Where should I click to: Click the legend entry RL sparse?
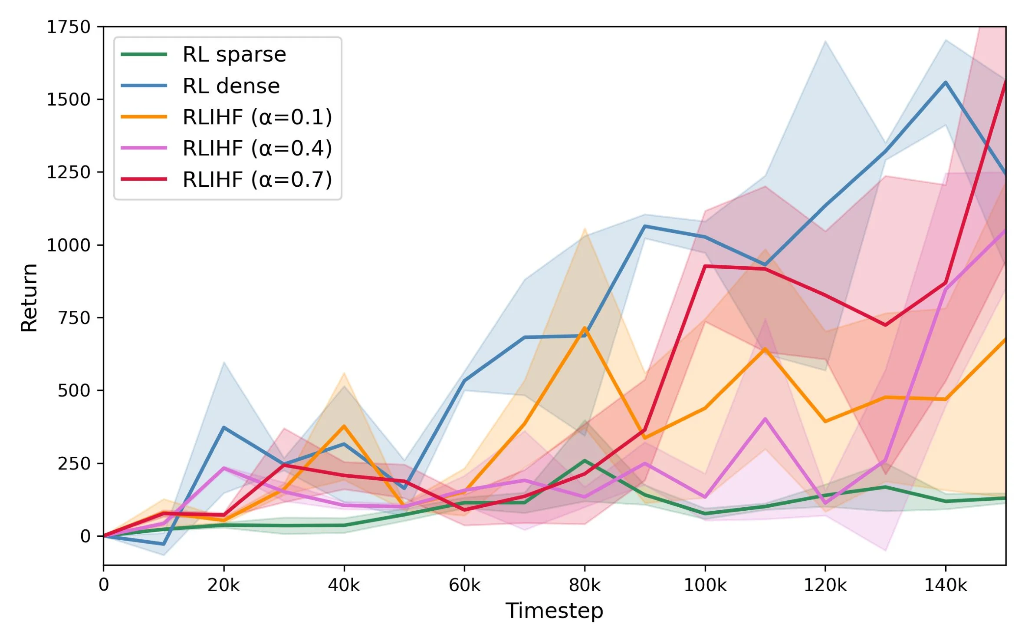pos(234,55)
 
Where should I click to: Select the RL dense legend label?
pos(231,86)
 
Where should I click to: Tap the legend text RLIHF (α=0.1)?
pos(257,117)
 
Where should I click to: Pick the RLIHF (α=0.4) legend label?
pos(257,149)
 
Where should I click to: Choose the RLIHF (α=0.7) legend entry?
pos(257,180)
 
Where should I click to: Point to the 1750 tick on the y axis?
pos(68,27)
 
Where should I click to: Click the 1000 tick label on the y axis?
pos(68,245)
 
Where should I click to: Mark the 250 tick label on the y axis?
pos(74,463)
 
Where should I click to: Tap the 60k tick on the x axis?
pos(464,585)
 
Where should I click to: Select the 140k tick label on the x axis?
pos(945,585)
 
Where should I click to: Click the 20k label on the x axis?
pos(223,585)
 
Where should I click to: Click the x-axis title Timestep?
pos(554,611)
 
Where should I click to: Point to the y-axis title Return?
pos(30,297)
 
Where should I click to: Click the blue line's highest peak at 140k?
pos(945,82)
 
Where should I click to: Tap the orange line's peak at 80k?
pos(585,328)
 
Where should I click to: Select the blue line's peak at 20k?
pos(223,428)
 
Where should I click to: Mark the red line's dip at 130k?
pos(885,325)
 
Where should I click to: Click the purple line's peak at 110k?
pos(765,419)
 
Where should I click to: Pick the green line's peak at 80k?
pos(585,460)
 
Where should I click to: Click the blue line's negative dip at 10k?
pos(164,544)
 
